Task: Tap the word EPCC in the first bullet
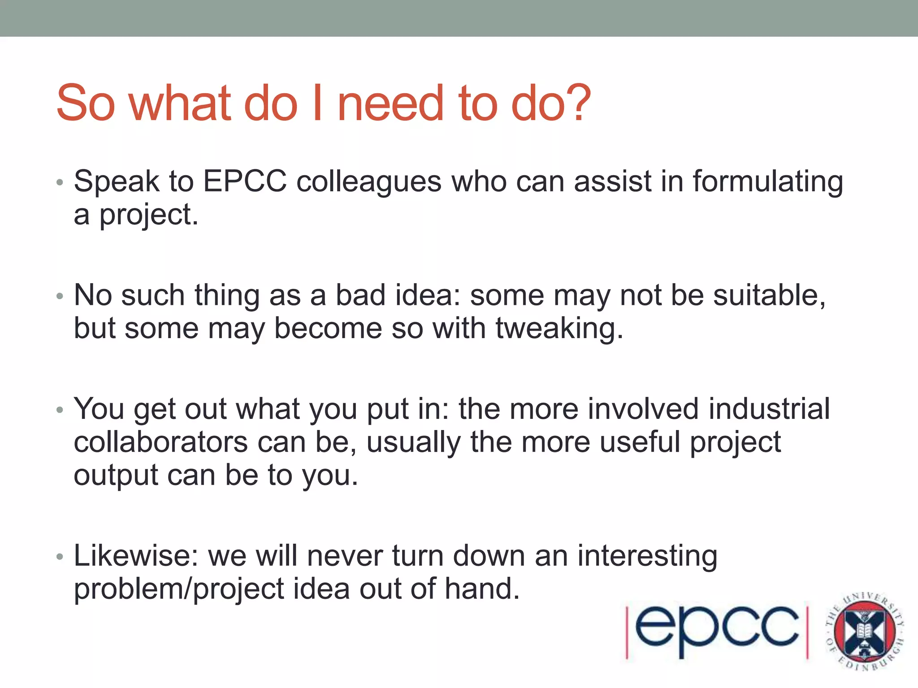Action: (245, 182)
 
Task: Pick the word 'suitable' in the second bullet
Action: (768, 296)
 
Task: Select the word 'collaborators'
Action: (160, 443)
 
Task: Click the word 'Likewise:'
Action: (136, 556)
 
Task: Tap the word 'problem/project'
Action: (179, 589)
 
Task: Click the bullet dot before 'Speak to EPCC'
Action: (60, 183)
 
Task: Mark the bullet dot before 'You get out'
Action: (60, 410)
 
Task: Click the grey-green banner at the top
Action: (459, 18)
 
